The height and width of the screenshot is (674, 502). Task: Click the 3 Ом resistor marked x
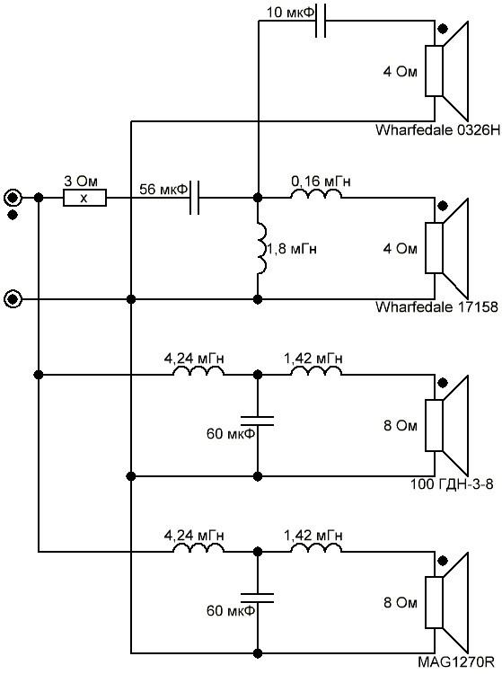(84, 199)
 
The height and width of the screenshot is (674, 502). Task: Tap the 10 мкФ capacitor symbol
(321, 21)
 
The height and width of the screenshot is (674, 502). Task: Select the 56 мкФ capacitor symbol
(195, 199)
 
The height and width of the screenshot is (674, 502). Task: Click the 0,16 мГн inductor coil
(316, 194)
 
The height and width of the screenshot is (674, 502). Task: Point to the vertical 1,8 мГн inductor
(261, 248)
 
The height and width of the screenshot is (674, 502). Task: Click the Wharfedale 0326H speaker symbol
(446, 71)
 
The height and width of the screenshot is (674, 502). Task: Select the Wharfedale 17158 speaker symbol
(446, 248)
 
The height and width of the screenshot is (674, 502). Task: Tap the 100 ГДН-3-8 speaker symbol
(446, 426)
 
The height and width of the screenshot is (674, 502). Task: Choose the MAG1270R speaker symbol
(446, 603)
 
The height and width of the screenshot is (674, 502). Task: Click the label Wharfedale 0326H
(437, 129)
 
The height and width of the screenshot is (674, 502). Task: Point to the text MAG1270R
(455, 661)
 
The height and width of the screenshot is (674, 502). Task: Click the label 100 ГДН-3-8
(452, 484)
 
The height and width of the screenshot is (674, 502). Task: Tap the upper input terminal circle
(13, 199)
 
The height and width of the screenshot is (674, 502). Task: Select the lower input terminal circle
(13, 299)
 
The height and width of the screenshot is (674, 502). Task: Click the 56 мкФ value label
(163, 189)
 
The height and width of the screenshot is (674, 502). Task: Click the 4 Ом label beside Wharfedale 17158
(400, 248)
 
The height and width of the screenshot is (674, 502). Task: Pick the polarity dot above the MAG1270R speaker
(443, 561)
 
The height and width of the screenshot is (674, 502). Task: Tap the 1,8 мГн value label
(292, 249)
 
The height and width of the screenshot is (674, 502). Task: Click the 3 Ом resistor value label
(81, 181)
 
